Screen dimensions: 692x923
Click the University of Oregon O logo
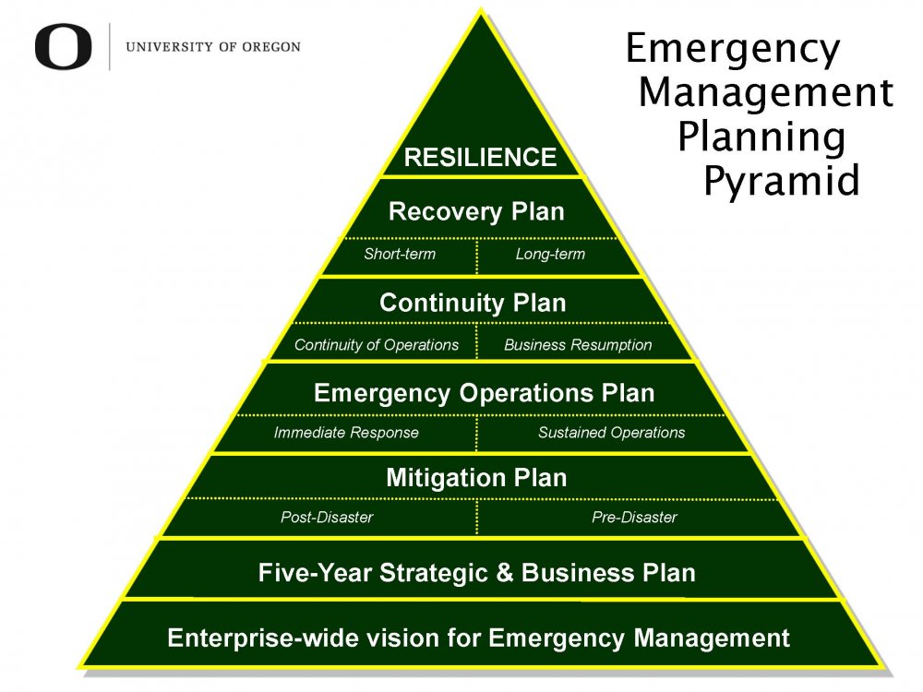[x=64, y=47]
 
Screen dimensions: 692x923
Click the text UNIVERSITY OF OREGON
[x=212, y=47]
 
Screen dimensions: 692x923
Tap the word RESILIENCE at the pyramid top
[x=480, y=158]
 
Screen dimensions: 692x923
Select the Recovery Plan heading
[x=476, y=211]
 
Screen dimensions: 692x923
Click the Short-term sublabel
[x=400, y=255]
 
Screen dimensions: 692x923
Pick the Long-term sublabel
[x=550, y=255]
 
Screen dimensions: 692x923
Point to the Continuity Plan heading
[x=473, y=303]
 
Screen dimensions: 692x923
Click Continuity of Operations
[x=376, y=345]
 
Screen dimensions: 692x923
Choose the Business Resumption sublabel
[x=578, y=345]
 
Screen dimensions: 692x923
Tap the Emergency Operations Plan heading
[x=484, y=393]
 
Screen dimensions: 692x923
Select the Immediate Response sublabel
[x=346, y=433]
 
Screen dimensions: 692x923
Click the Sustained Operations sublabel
[x=611, y=433]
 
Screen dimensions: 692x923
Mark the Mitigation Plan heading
[x=476, y=478]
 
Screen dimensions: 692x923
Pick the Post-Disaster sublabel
[x=327, y=518]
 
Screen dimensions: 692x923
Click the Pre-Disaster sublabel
[x=634, y=518]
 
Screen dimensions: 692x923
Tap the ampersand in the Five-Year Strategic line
[x=504, y=573]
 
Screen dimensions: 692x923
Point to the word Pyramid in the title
[x=781, y=180]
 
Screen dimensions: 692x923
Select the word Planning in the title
[x=761, y=137]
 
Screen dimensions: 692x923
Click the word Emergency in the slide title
[x=733, y=48]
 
